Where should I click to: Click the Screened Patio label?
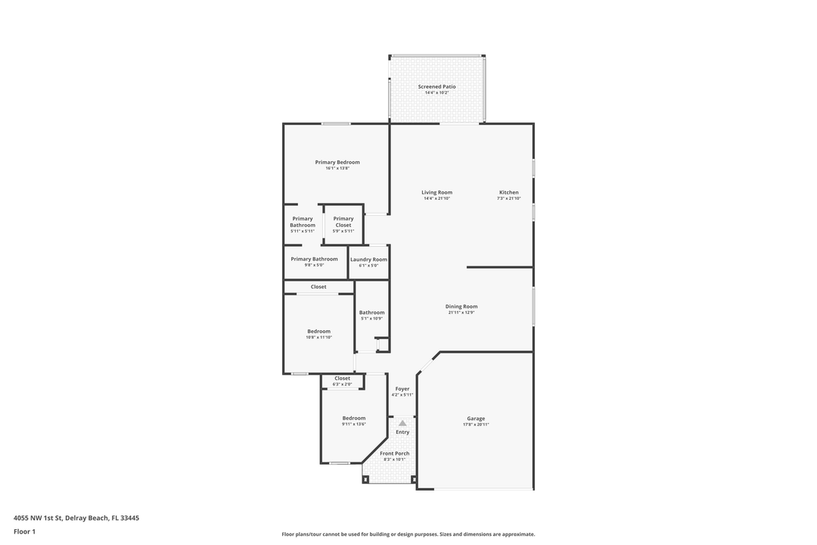click(x=437, y=87)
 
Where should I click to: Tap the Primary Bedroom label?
click(x=337, y=162)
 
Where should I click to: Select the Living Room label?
click(x=436, y=192)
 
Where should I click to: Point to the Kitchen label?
click(x=508, y=192)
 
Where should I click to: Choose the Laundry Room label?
click(x=368, y=260)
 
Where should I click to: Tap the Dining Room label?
click(x=461, y=307)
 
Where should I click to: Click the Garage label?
click(x=476, y=419)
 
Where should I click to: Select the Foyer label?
click(x=402, y=389)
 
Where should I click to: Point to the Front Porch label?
click(x=395, y=453)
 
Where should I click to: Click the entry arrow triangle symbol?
click(x=402, y=423)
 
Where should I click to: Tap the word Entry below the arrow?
click(x=402, y=432)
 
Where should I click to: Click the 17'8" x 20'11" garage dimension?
click(x=476, y=425)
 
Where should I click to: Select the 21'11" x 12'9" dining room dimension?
click(x=461, y=313)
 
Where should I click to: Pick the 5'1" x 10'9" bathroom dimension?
click(x=371, y=319)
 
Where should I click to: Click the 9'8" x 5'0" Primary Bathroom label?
click(x=314, y=259)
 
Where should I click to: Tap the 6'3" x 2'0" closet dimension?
click(x=343, y=385)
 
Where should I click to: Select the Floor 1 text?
click(x=24, y=531)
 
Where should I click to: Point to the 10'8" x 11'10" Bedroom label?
click(x=318, y=332)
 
